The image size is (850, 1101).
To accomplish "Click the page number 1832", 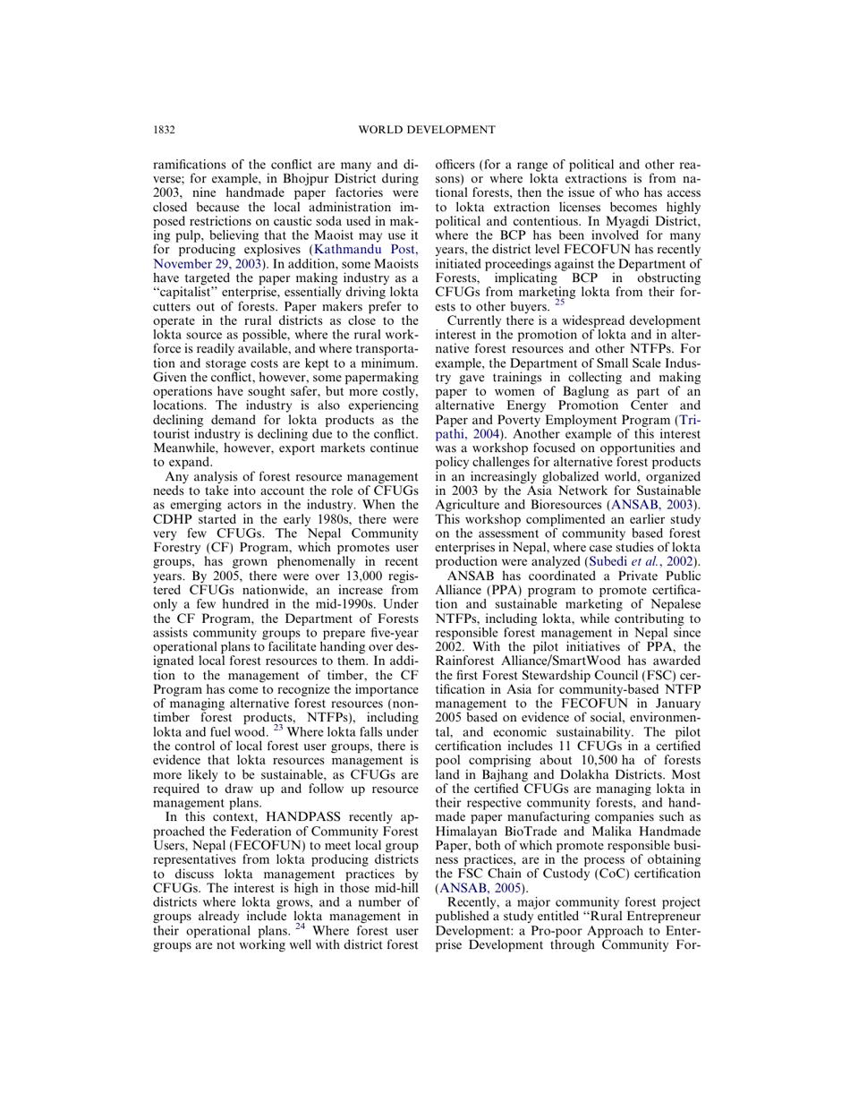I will pos(164,130).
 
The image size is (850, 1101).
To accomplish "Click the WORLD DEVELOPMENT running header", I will pos(426,130).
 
